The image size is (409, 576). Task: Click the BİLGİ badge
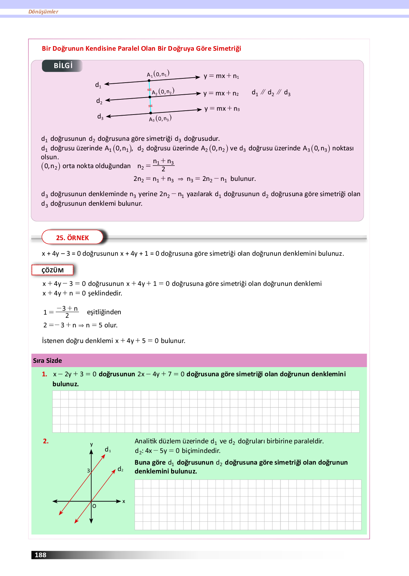(x=63, y=66)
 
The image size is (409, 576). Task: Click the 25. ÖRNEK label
(x=72, y=238)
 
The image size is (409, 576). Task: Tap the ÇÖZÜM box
(x=53, y=270)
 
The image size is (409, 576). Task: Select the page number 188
(x=40, y=555)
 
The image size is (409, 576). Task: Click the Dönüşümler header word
(x=43, y=12)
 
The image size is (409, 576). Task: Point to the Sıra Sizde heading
(x=48, y=361)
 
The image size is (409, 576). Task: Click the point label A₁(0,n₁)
(x=158, y=74)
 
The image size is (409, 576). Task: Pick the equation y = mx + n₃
(x=222, y=109)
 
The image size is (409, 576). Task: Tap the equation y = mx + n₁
(x=221, y=76)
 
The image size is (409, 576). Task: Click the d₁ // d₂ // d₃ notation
(x=271, y=93)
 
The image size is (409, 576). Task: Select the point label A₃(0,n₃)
(x=160, y=118)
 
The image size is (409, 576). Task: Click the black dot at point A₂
(x=150, y=97)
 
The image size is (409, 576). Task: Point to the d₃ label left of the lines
(x=100, y=116)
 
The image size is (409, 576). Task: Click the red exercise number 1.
(x=44, y=374)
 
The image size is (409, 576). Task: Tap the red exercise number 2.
(x=45, y=441)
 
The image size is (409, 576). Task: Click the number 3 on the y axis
(x=88, y=471)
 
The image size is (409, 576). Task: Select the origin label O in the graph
(x=94, y=506)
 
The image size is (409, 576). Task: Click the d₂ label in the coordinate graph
(x=120, y=469)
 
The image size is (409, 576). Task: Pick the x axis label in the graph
(x=124, y=502)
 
